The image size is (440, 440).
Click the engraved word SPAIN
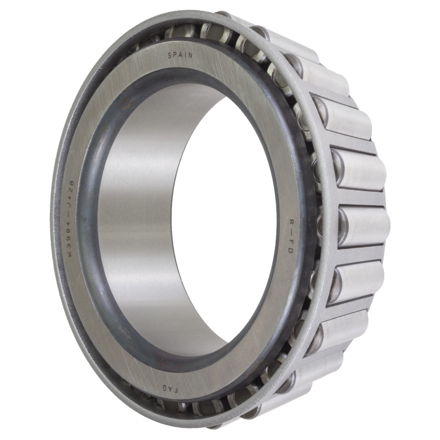180,55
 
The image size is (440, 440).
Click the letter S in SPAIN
169,54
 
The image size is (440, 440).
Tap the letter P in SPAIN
175,54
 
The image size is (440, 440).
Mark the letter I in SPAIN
186,55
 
